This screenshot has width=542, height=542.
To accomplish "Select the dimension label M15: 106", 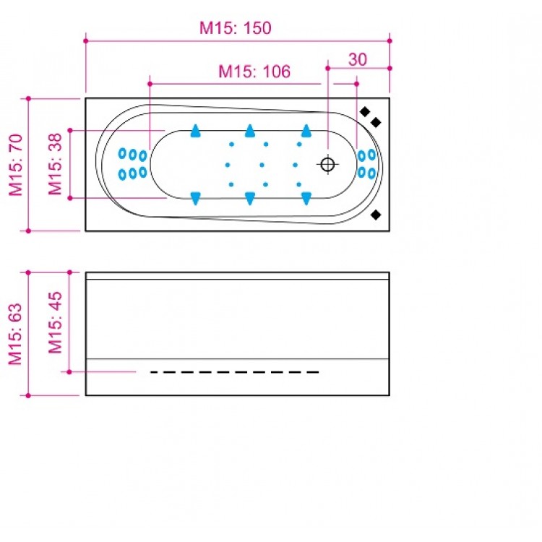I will [254, 72].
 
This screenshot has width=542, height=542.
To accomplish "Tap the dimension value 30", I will [358, 59].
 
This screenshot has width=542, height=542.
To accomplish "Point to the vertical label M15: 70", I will [16, 165].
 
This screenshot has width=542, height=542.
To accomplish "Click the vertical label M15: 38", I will [55, 165].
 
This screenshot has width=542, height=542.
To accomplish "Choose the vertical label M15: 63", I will [16, 333].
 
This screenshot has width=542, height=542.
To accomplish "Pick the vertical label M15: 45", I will [55, 322].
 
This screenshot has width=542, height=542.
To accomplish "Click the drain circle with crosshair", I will [327, 164].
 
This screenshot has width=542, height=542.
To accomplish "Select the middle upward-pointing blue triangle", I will [250, 131].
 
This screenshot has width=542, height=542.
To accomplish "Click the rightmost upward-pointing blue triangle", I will [306, 131].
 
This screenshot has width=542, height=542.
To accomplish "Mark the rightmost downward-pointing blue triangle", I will [306, 198].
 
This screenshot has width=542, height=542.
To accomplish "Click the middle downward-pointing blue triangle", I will [250, 198].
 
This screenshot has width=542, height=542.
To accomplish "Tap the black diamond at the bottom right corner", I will [375, 215].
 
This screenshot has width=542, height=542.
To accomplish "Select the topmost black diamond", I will [366, 111].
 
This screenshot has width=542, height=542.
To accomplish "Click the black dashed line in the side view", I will [235, 371].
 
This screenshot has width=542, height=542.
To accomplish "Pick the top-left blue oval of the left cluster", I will [122, 153].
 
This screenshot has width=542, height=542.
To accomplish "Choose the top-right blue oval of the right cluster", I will [371, 154].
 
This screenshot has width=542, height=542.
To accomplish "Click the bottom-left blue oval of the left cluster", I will [122, 173].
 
